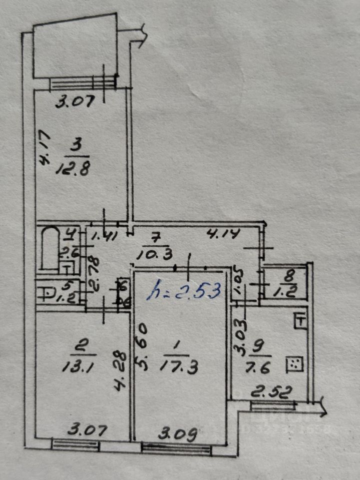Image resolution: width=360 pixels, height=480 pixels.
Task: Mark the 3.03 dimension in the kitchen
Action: tap(239, 339)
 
